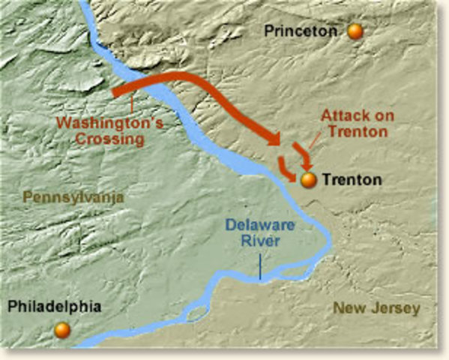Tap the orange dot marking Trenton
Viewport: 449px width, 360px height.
point(307,180)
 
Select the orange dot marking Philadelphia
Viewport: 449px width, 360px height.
point(62,329)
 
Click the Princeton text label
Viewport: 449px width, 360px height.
point(303,31)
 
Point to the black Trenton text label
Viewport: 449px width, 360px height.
point(352,180)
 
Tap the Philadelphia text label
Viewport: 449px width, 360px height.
point(55,307)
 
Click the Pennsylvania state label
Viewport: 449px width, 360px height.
point(73,196)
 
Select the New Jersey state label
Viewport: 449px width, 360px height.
point(376,308)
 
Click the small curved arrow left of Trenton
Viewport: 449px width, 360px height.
point(287,169)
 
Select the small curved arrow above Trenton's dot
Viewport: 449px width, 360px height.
point(302,156)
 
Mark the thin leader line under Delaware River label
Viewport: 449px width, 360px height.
point(259,266)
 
